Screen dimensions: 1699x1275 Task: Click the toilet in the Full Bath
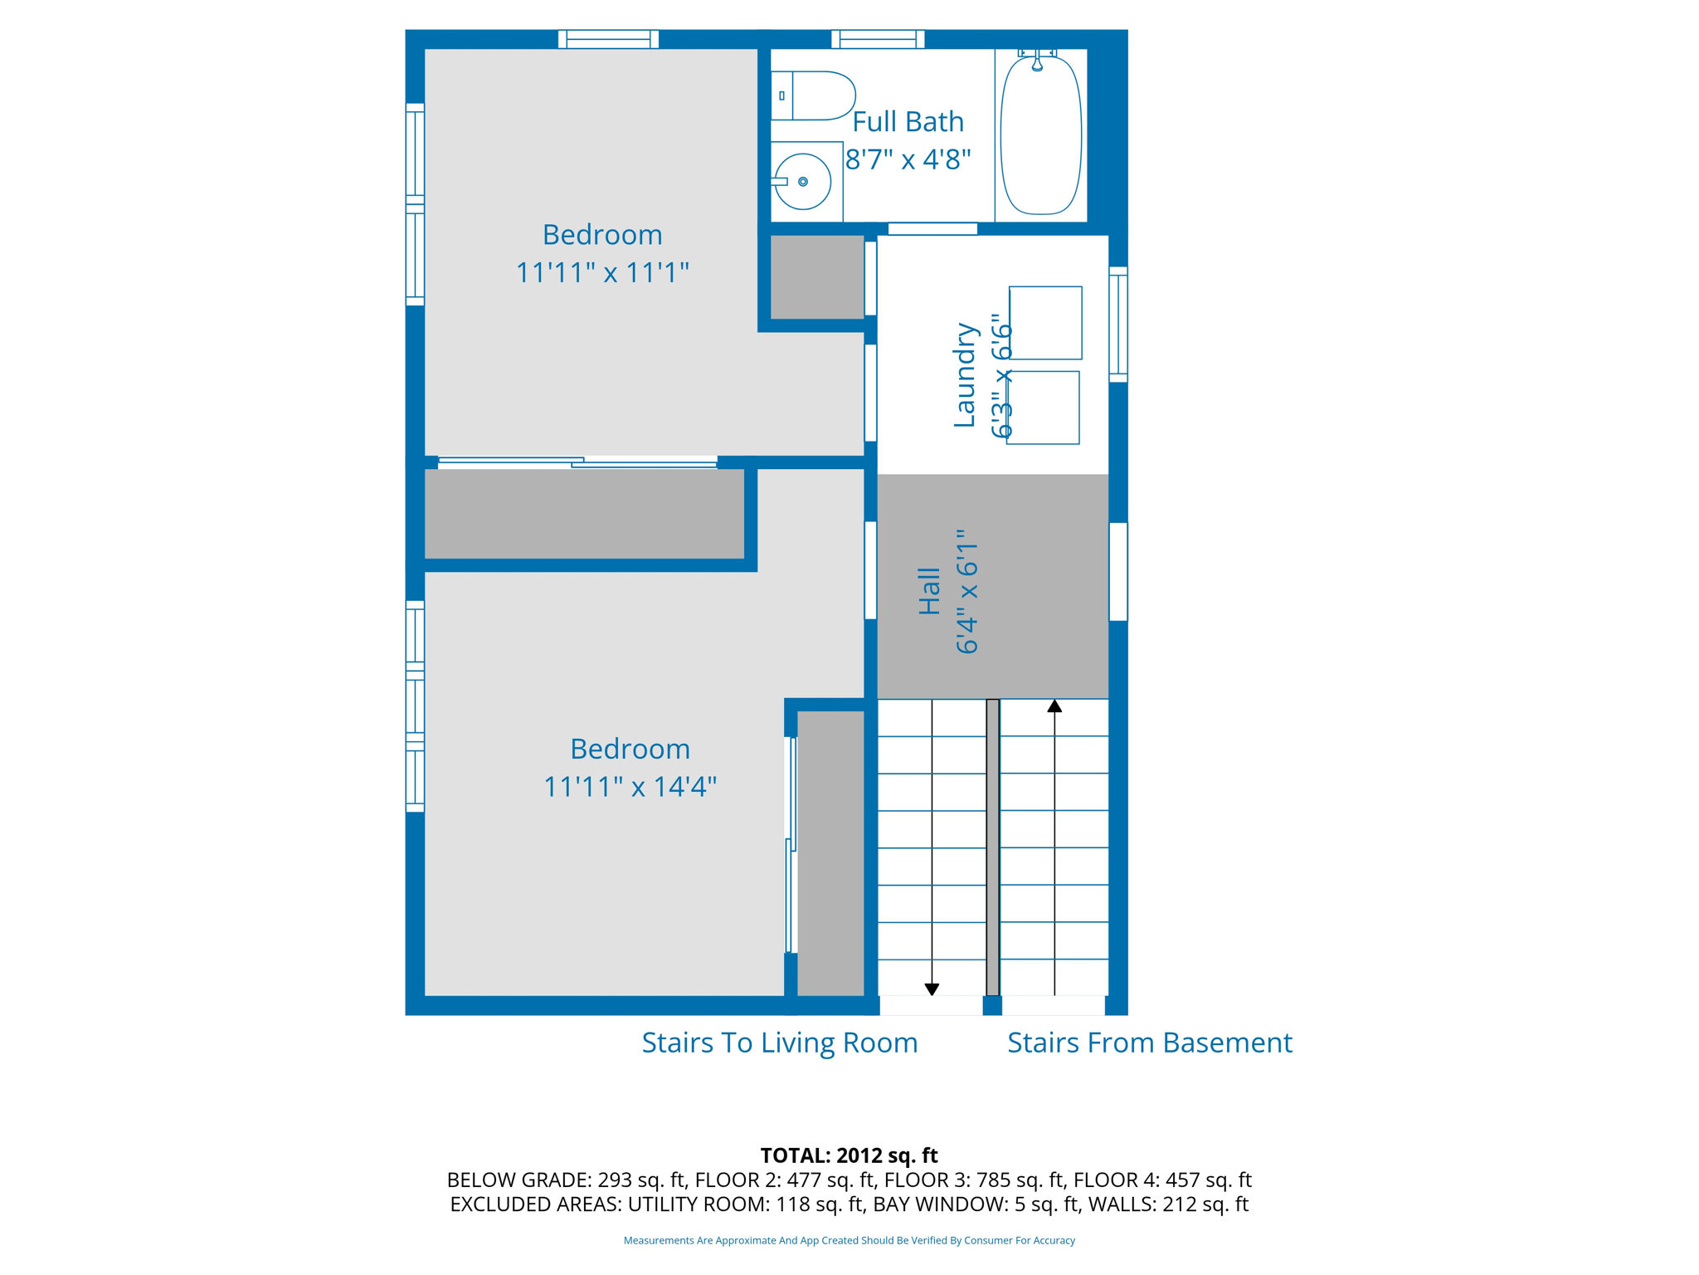813,95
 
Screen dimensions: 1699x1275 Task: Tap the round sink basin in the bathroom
802,181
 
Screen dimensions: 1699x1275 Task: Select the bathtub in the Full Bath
1041,134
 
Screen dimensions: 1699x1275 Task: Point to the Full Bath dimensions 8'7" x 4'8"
908,159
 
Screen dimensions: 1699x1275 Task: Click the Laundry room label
964,375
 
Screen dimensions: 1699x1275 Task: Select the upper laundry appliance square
1045,323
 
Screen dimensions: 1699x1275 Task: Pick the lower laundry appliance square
1043,408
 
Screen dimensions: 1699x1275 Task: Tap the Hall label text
929,591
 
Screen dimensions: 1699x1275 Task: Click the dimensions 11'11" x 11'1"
602,272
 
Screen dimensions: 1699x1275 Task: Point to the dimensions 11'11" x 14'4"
630,786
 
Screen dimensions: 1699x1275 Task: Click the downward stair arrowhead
932,989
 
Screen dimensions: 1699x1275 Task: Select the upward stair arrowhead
1054,706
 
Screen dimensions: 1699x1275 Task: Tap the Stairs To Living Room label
780,1043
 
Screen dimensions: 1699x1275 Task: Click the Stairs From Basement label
1150,1043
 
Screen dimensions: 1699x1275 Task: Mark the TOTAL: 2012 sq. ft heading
849,1155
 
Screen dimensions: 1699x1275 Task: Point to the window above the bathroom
878,38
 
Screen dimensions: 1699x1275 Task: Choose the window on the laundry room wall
1118,325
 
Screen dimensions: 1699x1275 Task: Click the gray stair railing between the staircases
992,847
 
